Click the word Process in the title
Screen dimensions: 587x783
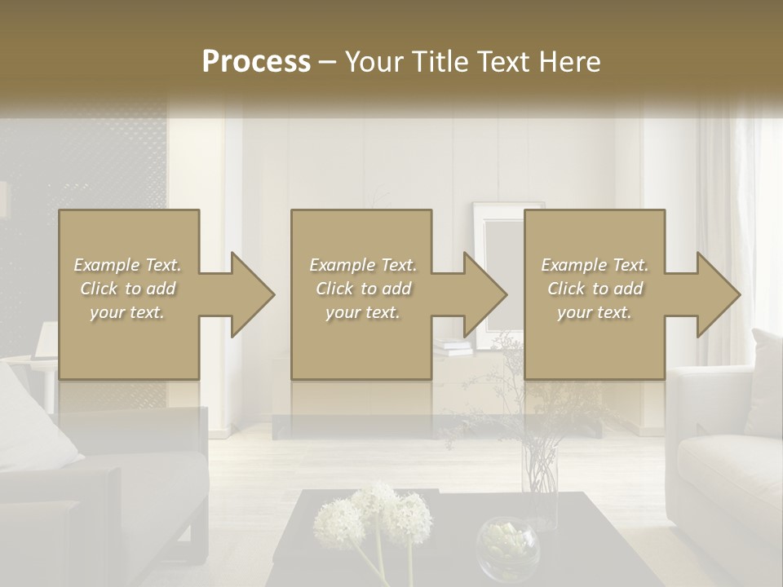[256, 62]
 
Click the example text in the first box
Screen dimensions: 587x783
[128, 289]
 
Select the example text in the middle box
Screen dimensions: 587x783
[363, 289]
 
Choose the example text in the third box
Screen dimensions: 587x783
[595, 289]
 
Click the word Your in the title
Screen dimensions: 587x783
[373, 62]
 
